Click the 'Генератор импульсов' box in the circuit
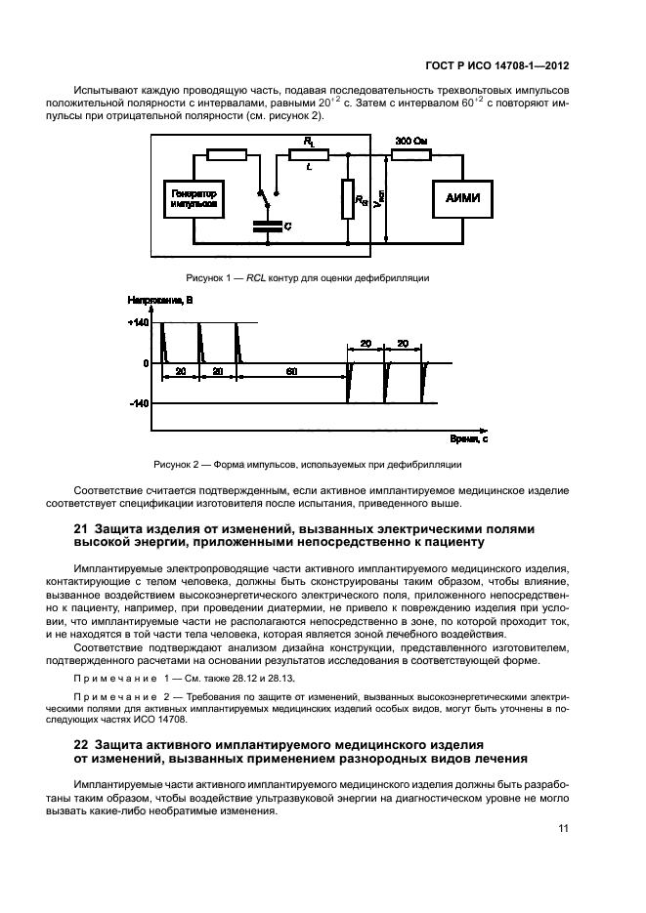point(193,199)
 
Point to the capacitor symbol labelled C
point(264,226)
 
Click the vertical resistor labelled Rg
point(348,200)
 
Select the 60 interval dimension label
point(292,372)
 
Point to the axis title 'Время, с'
point(469,439)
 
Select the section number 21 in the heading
point(82,528)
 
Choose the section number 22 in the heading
point(82,743)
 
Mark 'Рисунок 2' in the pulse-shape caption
point(176,465)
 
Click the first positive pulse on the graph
point(164,342)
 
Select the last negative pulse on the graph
point(424,383)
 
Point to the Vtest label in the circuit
point(382,200)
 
